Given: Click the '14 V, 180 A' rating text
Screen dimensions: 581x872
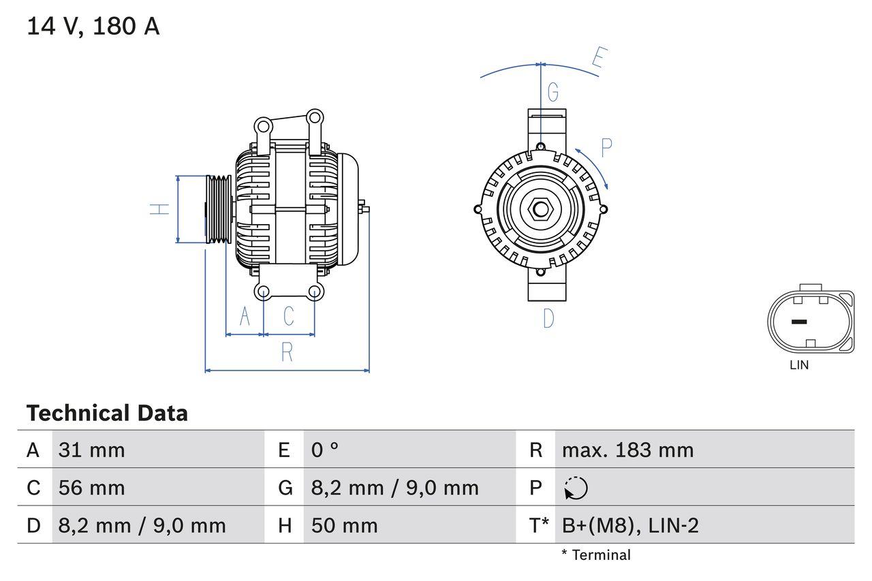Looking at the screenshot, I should tap(93, 27).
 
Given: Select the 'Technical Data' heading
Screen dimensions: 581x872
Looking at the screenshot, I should tap(107, 413).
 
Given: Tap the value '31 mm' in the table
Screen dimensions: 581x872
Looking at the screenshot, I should tap(91, 450).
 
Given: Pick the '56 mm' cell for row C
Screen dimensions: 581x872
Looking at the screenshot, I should tap(91, 488).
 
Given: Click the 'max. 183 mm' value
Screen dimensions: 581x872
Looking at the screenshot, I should tap(627, 450).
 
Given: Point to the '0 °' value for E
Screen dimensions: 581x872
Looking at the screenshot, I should tap(325, 450).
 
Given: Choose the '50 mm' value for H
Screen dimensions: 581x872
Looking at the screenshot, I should tap(344, 525).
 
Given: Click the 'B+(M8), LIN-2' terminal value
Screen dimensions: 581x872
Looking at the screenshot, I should tap(630, 525).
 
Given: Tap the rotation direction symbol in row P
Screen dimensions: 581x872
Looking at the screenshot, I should tap(576, 488).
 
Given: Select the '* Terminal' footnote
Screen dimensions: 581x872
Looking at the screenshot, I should tap(596, 555).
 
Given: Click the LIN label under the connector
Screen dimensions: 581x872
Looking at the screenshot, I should tap(799, 365).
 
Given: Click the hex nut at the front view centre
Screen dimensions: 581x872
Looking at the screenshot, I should tap(540, 209).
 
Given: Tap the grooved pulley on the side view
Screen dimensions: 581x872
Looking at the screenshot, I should tap(219, 208).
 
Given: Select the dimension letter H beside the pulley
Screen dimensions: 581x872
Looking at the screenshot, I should tap(159, 209).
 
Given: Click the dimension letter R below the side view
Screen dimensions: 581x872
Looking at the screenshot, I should tap(287, 352).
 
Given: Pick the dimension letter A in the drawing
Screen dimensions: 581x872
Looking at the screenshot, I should tap(245, 316).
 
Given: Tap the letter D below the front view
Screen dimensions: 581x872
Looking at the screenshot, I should tap(548, 318).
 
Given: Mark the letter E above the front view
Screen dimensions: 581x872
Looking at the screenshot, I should tap(597, 59).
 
